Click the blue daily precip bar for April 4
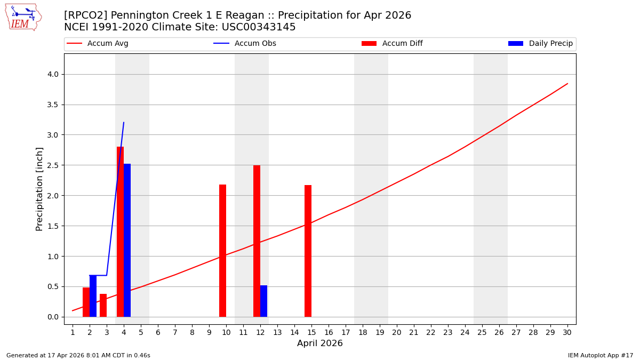pyautogui.click(x=127, y=240)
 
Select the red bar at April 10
pyautogui.click(x=222, y=251)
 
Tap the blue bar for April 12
pyautogui.click(x=263, y=301)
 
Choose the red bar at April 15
pyautogui.click(x=308, y=251)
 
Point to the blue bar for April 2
pyautogui.click(x=93, y=296)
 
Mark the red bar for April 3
pyautogui.click(x=103, y=305)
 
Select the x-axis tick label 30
pyautogui.click(x=567, y=332)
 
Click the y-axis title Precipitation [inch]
pyautogui.click(x=39, y=189)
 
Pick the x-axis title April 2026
pyautogui.click(x=320, y=343)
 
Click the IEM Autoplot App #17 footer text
pyautogui.click(x=600, y=355)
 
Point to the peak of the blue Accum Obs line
pyautogui.click(x=124, y=123)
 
